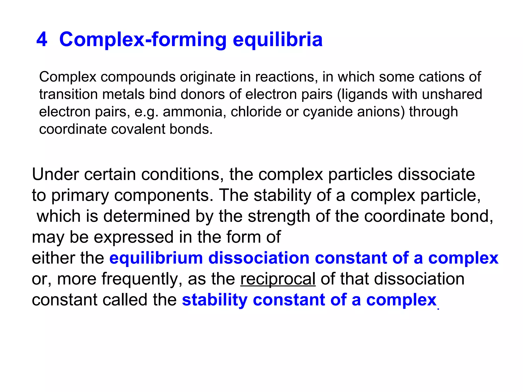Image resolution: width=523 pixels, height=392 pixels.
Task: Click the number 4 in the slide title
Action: (42, 40)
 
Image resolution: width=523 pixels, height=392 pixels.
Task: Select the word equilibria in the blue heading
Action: (278, 40)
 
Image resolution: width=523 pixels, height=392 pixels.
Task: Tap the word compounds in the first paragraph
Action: (138, 77)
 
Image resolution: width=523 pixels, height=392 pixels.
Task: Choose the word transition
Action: (68, 94)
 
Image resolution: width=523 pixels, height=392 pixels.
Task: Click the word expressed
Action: (134, 237)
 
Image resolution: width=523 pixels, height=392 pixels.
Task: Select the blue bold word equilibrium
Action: (156, 258)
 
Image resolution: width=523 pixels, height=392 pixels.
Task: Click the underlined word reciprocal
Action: (278, 279)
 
